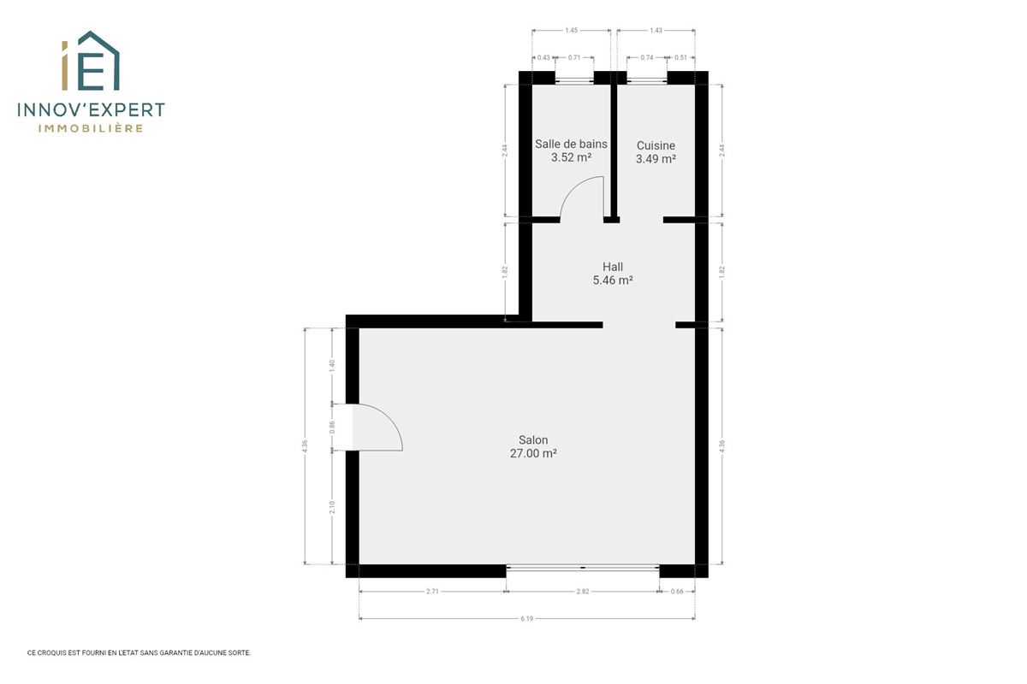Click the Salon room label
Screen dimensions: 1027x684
point(533,439)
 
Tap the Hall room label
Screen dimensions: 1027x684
point(613,267)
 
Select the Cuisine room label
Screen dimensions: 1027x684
point(656,145)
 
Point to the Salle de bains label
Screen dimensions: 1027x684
point(571,144)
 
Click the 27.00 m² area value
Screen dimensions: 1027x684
point(533,453)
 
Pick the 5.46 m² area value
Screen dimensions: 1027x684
point(613,280)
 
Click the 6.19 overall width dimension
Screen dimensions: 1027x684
point(527,618)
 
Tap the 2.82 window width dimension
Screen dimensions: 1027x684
point(582,592)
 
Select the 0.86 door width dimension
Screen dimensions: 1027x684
point(332,427)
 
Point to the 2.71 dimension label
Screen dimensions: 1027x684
point(432,592)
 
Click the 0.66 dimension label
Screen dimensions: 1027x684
point(677,592)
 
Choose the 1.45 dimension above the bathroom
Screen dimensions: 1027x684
point(571,31)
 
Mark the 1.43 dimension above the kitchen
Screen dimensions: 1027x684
point(656,31)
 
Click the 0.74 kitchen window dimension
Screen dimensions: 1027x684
point(646,58)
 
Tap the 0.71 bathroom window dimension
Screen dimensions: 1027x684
point(574,58)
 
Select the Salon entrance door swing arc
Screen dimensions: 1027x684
point(388,417)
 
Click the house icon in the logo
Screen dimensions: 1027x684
point(98,60)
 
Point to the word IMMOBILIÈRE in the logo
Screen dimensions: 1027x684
point(91,128)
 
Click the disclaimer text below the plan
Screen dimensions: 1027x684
point(139,653)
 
